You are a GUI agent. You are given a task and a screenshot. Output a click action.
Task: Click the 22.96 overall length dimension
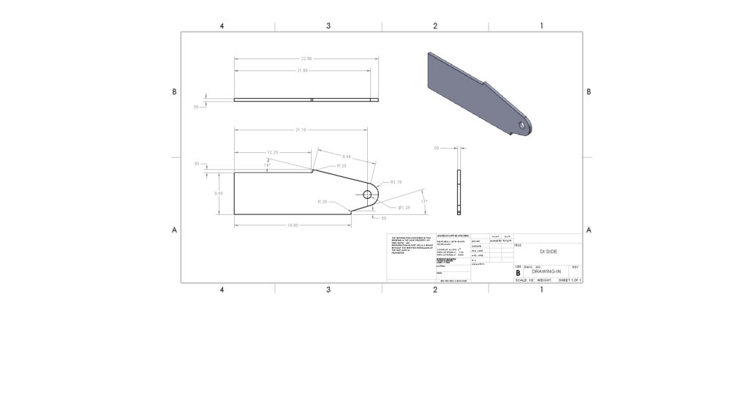pyautogui.click(x=305, y=59)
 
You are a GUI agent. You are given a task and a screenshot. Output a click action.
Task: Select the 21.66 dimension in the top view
pyautogui.click(x=302, y=70)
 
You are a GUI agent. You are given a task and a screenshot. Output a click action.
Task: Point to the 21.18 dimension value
pyautogui.click(x=300, y=129)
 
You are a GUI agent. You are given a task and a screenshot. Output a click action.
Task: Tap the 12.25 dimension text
pyautogui.click(x=272, y=152)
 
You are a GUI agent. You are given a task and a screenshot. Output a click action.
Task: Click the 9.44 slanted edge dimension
pyautogui.click(x=347, y=157)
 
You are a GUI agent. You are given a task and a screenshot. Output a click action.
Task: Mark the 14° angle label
pyautogui.click(x=267, y=166)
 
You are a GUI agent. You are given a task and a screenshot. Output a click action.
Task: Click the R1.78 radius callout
pyautogui.click(x=396, y=181)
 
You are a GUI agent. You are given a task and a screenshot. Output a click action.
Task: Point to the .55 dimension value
pyautogui.click(x=383, y=218)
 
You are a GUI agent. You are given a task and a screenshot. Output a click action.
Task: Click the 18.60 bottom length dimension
pyautogui.click(x=292, y=225)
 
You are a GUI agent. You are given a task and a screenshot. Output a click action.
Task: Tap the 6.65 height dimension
pyautogui.click(x=218, y=193)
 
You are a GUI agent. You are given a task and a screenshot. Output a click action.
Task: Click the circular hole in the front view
pyautogui.click(x=367, y=195)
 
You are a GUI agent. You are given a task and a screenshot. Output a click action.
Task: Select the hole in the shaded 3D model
pyautogui.click(x=522, y=124)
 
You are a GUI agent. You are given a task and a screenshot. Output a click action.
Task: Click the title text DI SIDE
pyautogui.click(x=548, y=251)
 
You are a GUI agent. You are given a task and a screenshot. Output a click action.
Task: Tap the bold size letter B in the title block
pyautogui.click(x=518, y=272)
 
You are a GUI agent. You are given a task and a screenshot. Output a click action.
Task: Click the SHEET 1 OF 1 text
pyautogui.click(x=569, y=279)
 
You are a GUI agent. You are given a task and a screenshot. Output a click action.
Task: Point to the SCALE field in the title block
pyautogui.click(x=524, y=279)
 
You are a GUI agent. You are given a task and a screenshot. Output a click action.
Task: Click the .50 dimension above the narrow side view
pyautogui.click(x=436, y=148)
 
